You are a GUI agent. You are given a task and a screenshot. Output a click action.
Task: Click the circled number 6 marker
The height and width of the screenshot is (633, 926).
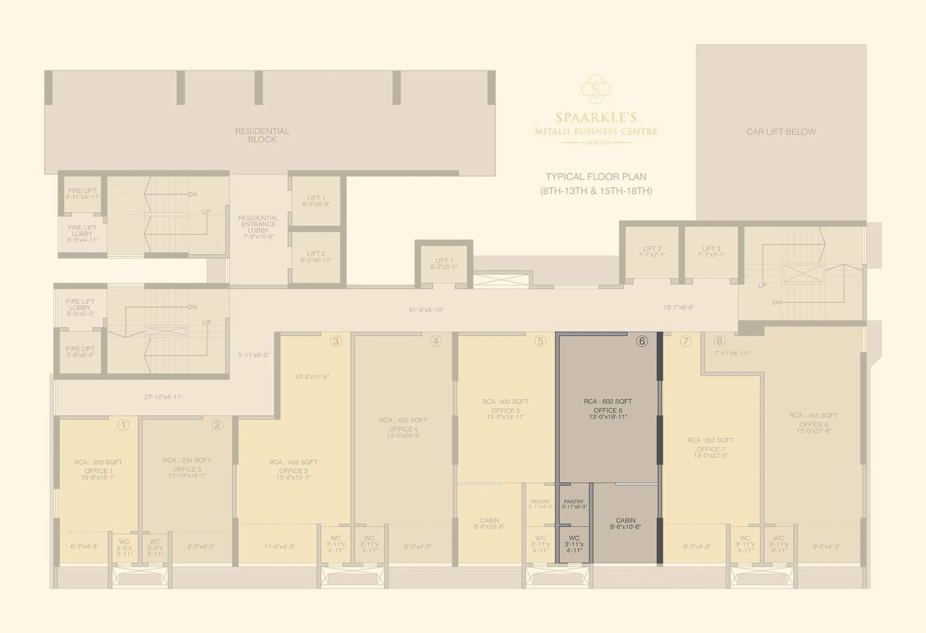coord(642,341)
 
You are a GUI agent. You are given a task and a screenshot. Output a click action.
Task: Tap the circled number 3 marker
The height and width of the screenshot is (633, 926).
coord(336,341)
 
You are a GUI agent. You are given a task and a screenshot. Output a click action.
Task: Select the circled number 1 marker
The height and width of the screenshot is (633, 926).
coord(123,425)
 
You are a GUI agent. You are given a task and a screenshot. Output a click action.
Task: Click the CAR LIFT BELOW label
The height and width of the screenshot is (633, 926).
coord(781,132)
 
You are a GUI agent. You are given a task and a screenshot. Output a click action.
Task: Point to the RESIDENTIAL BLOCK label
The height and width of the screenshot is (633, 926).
coord(262,135)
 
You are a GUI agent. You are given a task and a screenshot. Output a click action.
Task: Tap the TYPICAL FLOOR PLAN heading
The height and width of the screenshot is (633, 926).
coord(596,177)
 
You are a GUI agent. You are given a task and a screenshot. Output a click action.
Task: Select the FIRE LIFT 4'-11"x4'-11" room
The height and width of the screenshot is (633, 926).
coord(82,194)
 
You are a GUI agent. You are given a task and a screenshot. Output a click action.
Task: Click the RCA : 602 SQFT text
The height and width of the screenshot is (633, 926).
coord(607,401)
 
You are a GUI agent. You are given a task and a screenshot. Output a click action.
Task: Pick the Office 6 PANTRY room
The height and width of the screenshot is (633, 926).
coord(574,504)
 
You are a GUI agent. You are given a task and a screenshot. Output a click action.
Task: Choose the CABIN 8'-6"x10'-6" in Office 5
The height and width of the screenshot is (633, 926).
coord(489,523)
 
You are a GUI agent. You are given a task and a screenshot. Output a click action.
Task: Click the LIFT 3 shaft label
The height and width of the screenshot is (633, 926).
coord(711,252)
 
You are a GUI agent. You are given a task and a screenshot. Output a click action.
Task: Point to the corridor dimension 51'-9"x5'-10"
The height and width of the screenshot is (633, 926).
coord(426,310)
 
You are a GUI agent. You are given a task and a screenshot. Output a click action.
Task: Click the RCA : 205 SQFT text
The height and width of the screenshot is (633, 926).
coord(98,462)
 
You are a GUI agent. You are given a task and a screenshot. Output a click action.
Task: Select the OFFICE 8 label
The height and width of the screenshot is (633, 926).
coord(813,424)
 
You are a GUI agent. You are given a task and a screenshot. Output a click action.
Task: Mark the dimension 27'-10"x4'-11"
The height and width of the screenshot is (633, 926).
coord(163,397)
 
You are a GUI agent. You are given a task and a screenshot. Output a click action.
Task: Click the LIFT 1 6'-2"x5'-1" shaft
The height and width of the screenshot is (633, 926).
coord(444,263)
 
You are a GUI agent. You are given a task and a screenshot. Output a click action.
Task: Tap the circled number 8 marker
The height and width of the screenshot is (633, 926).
coord(719,341)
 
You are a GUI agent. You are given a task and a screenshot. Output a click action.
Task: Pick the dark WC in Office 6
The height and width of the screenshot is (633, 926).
coord(574,544)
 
